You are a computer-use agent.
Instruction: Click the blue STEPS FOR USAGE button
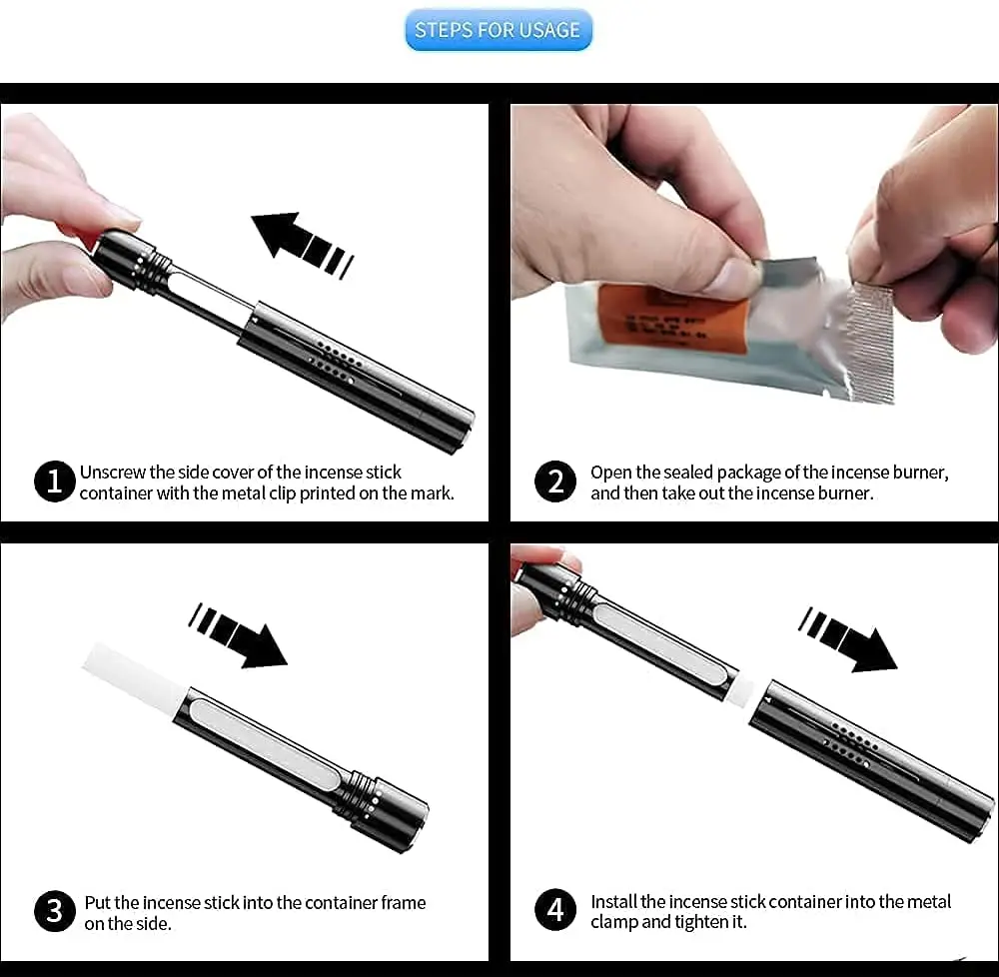499,30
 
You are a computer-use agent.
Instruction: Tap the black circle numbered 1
55,481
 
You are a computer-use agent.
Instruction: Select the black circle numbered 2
554,481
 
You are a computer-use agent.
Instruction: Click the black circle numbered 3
55,911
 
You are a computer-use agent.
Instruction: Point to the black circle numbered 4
554,909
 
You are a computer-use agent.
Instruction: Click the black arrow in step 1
302,244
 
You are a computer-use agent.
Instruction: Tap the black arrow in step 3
239,635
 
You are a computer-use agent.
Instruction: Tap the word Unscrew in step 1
112,472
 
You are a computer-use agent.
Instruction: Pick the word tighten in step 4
701,922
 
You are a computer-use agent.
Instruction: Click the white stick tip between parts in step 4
741,694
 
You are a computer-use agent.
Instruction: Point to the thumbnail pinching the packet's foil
732,275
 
